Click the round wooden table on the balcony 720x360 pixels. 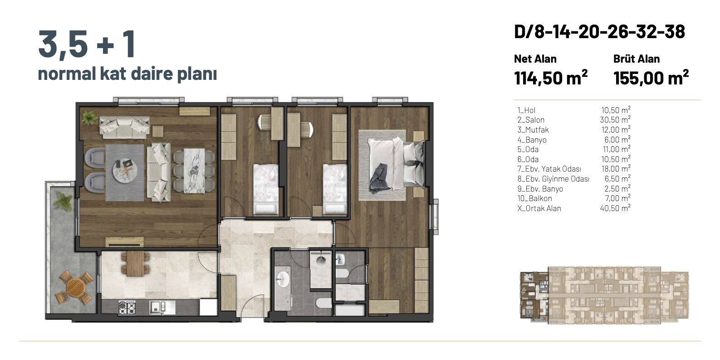click(75, 288)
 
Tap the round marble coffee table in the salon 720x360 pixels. click(125, 170)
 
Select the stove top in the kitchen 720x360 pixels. click(127, 307)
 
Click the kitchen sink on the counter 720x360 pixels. click(157, 307)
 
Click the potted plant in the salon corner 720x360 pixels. click(89, 117)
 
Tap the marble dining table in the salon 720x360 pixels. click(194, 171)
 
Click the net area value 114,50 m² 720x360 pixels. click(551, 78)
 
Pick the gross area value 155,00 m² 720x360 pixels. click(651, 78)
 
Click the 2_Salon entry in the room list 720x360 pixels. click(531, 120)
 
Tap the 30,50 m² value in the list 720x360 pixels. click(615, 120)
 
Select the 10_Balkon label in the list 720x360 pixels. click(534, 198)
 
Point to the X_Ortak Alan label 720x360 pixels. click(539, 208)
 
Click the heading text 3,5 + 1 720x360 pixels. click(87, 44)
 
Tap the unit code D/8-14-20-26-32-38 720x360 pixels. click(599, 32)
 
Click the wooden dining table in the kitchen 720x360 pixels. click(135, 263)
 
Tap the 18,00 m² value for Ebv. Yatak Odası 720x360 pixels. click(616, 169)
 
